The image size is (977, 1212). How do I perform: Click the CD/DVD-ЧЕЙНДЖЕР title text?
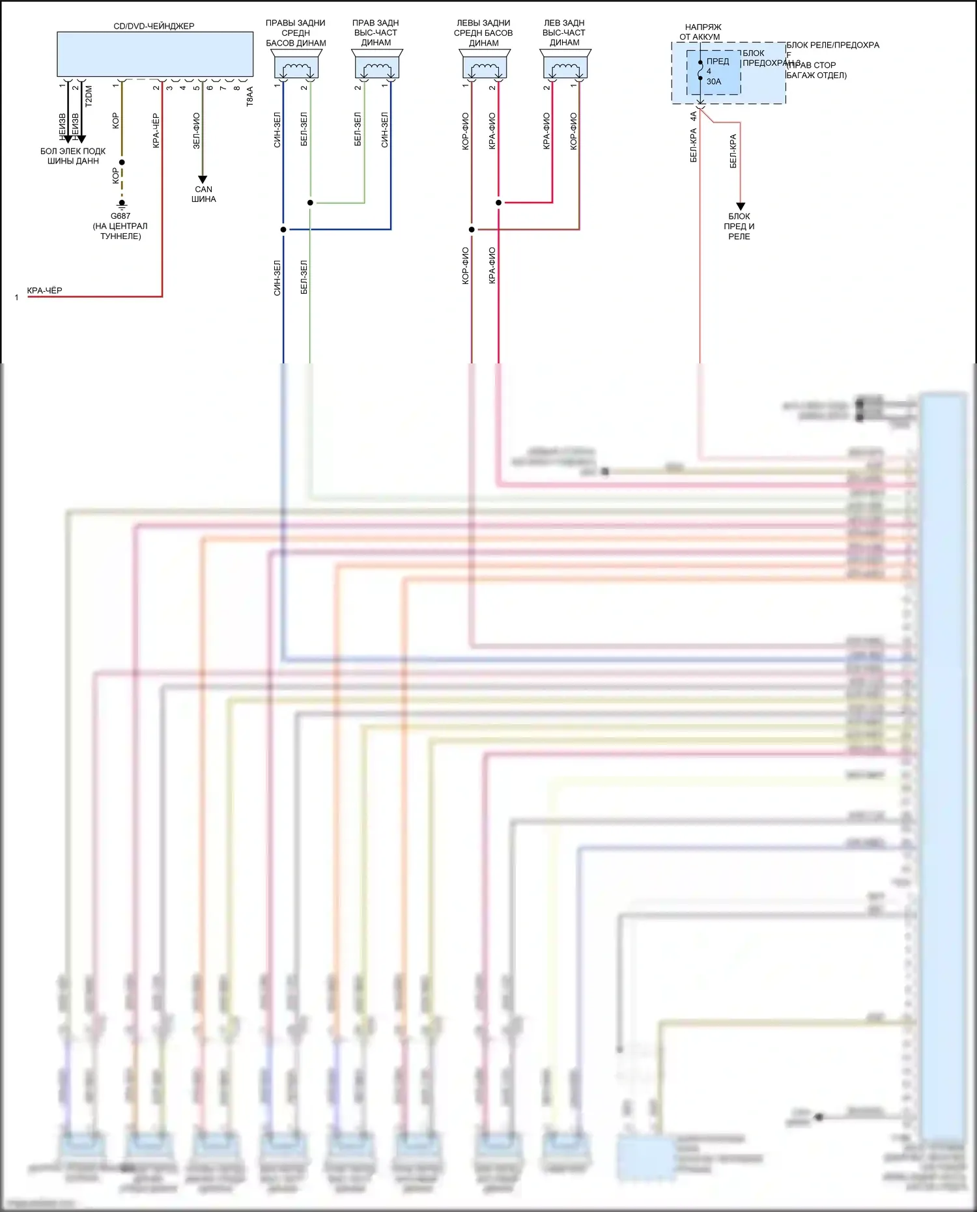(154, 26)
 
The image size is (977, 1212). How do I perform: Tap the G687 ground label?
(120, 216)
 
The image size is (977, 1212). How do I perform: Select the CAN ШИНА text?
(203, 194)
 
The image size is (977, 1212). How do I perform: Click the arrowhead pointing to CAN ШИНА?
(203, 179)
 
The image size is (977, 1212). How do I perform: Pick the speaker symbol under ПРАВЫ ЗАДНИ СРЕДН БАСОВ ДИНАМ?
(296, 67)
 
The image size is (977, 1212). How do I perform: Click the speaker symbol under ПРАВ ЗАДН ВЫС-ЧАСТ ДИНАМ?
(376, 67)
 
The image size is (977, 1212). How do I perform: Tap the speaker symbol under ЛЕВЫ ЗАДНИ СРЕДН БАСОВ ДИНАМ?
(485, 67)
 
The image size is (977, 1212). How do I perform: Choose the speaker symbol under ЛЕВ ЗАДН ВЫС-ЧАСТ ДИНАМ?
(565, 67)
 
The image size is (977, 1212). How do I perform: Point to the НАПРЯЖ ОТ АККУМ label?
(701, 32)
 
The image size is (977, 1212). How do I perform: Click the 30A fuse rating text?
(714, 81)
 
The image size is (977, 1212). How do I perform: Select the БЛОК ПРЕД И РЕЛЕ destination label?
(739, 226)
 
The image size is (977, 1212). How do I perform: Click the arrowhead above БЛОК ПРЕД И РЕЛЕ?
(740, 206)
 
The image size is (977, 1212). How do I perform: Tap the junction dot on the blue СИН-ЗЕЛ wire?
(283, 229)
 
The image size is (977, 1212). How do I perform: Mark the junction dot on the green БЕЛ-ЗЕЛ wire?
(310, 203)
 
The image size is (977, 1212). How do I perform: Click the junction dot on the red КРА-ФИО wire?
(498, 203)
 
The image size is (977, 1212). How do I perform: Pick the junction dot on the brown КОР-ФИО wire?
(472, 229)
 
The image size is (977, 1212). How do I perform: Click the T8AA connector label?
(250, 96)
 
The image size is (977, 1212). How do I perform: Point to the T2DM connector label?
(89, 96)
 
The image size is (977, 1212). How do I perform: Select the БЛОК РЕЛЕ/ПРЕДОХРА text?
(832, 45)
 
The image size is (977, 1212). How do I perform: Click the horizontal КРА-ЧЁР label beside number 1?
(44, 290)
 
